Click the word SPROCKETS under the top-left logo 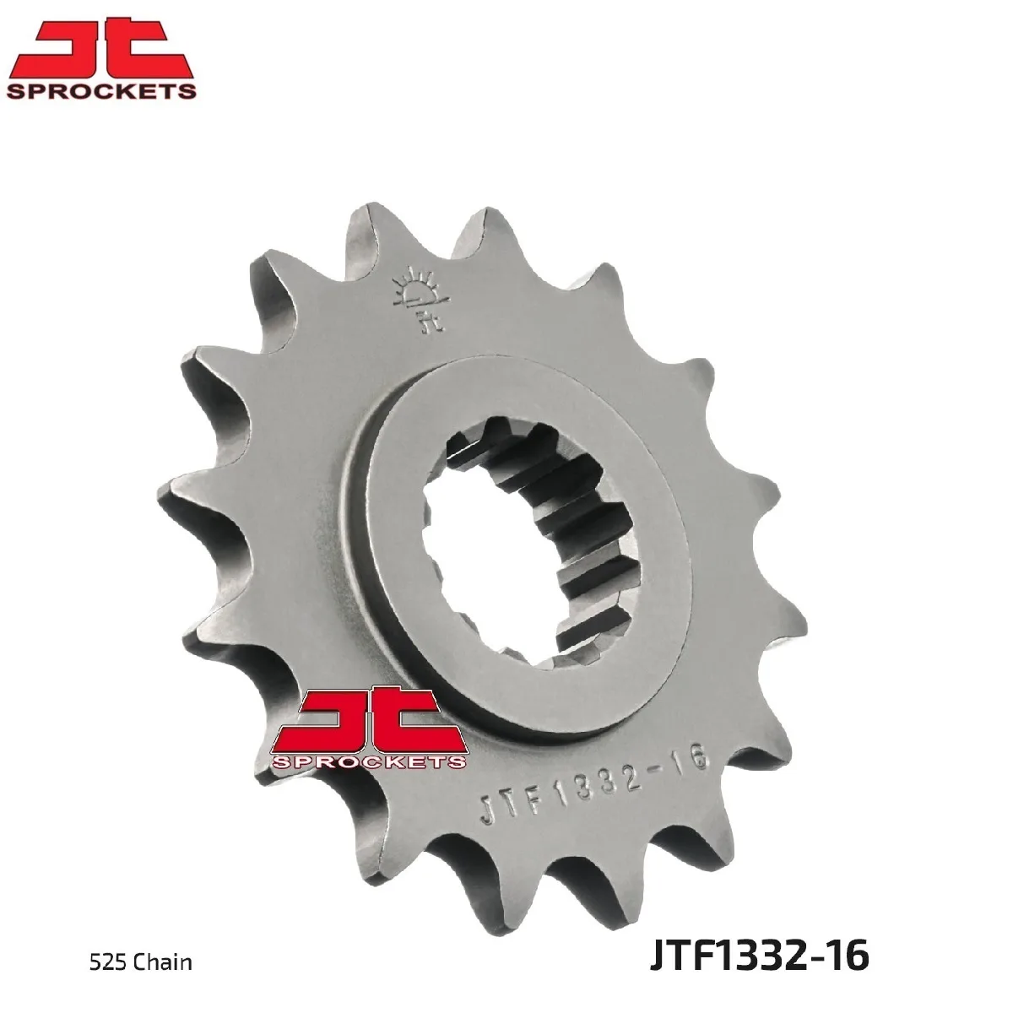point(101,91)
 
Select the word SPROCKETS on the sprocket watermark point(369,761)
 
